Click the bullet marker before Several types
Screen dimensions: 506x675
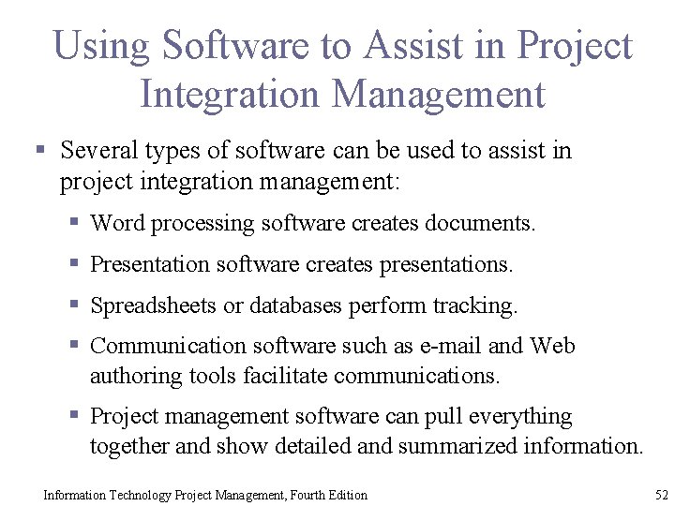click(39, 150)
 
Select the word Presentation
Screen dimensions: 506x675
click(150, 264)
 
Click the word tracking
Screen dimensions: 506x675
click(474, 305)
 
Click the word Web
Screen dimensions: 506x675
click(552, 346)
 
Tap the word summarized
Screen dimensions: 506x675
click(445, 446)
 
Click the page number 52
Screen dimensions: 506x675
click(662, 494)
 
